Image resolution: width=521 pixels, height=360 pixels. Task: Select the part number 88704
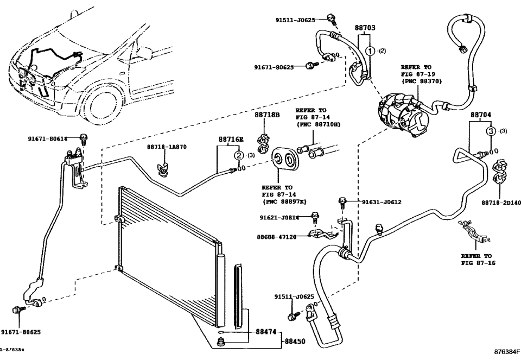pyautogui.click(x=481, y=115)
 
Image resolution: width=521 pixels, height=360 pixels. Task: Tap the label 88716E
pyautogui.click(x=230, y=140)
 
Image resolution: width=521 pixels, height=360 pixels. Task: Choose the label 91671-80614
pyautogui.click(x=48, y=139)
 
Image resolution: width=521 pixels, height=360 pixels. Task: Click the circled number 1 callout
pyautogui.click(x=370, y=51)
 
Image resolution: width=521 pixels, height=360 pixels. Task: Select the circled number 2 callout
pyautogui.click(x=238, y=156)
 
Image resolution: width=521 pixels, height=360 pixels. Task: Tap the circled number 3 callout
pyautogui.click(x=490, y=131)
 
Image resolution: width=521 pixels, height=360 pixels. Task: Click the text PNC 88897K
pyautogui.click(x=284, y=201)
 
